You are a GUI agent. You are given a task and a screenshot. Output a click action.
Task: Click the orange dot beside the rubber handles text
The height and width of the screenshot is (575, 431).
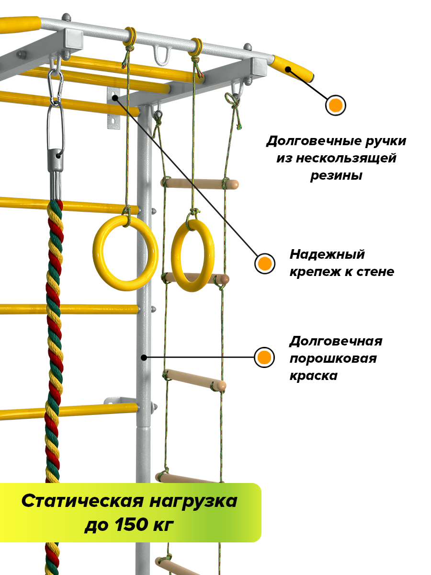336,105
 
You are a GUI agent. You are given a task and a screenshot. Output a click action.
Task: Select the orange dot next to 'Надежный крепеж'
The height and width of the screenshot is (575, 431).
264,263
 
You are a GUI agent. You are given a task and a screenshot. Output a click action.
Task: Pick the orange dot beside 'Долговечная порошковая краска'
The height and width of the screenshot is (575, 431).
264,357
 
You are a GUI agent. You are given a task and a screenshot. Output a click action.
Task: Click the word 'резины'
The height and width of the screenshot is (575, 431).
336,175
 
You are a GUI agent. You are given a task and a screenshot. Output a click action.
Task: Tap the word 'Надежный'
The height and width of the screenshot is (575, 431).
327,254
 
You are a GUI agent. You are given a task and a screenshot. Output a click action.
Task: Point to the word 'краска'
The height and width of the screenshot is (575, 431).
313,375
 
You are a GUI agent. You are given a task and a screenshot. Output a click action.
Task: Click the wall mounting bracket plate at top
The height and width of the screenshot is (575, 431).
113,109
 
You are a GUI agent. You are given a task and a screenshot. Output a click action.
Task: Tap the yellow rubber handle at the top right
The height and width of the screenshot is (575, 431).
293,69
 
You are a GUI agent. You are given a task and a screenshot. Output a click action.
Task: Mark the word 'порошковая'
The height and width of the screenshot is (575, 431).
333,358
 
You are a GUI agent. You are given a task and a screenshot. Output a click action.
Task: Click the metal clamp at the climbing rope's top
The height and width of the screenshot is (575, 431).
56,165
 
